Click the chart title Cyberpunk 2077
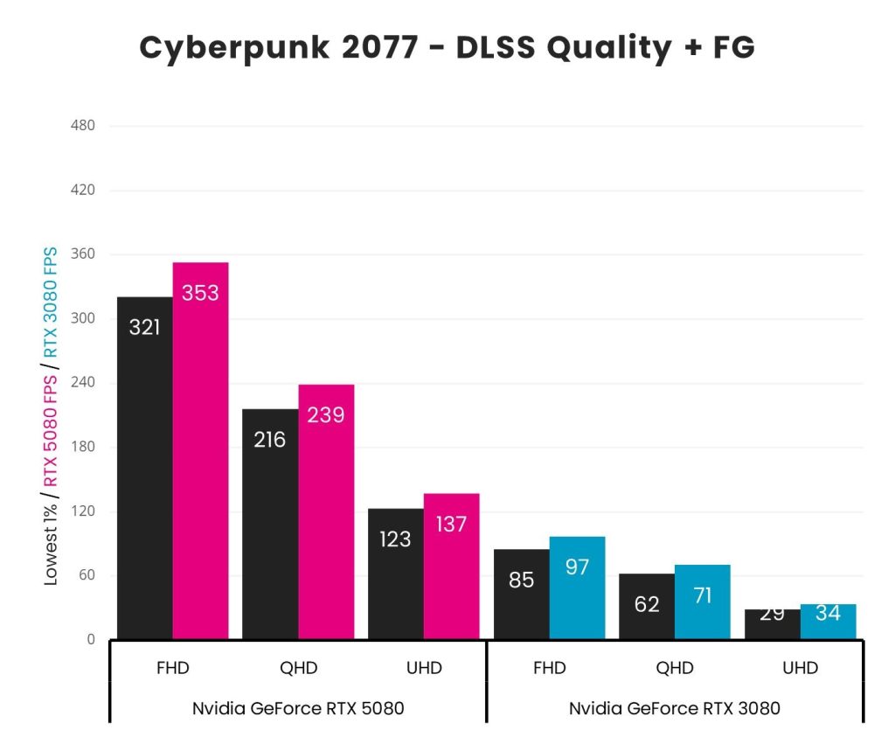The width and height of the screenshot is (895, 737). pyautogui.click(x=447, y=48)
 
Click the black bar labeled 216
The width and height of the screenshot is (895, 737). pyautogui.click(x=270, y=524)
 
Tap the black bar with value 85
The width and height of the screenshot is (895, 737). pyautogui.click(x=521, y=594)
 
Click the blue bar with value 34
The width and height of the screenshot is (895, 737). pyautogui.click(x=828, y=622)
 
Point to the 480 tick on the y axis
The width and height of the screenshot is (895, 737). pyautogui.click(x=83, y=126)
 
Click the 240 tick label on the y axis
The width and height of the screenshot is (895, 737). pyautogui.click(x=83, y=383)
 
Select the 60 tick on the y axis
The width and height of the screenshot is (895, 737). pyautogui.click(x=85, y=575)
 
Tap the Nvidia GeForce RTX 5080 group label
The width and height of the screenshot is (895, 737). pyautogui.click(x=298, y=708)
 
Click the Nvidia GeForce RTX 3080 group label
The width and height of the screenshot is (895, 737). pyautogui.click(x=675, y=708)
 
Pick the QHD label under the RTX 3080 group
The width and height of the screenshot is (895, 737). pyautogui.click(x=675, y=669)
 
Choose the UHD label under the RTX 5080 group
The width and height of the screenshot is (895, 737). pyautogui.click(x=424, y=669)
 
